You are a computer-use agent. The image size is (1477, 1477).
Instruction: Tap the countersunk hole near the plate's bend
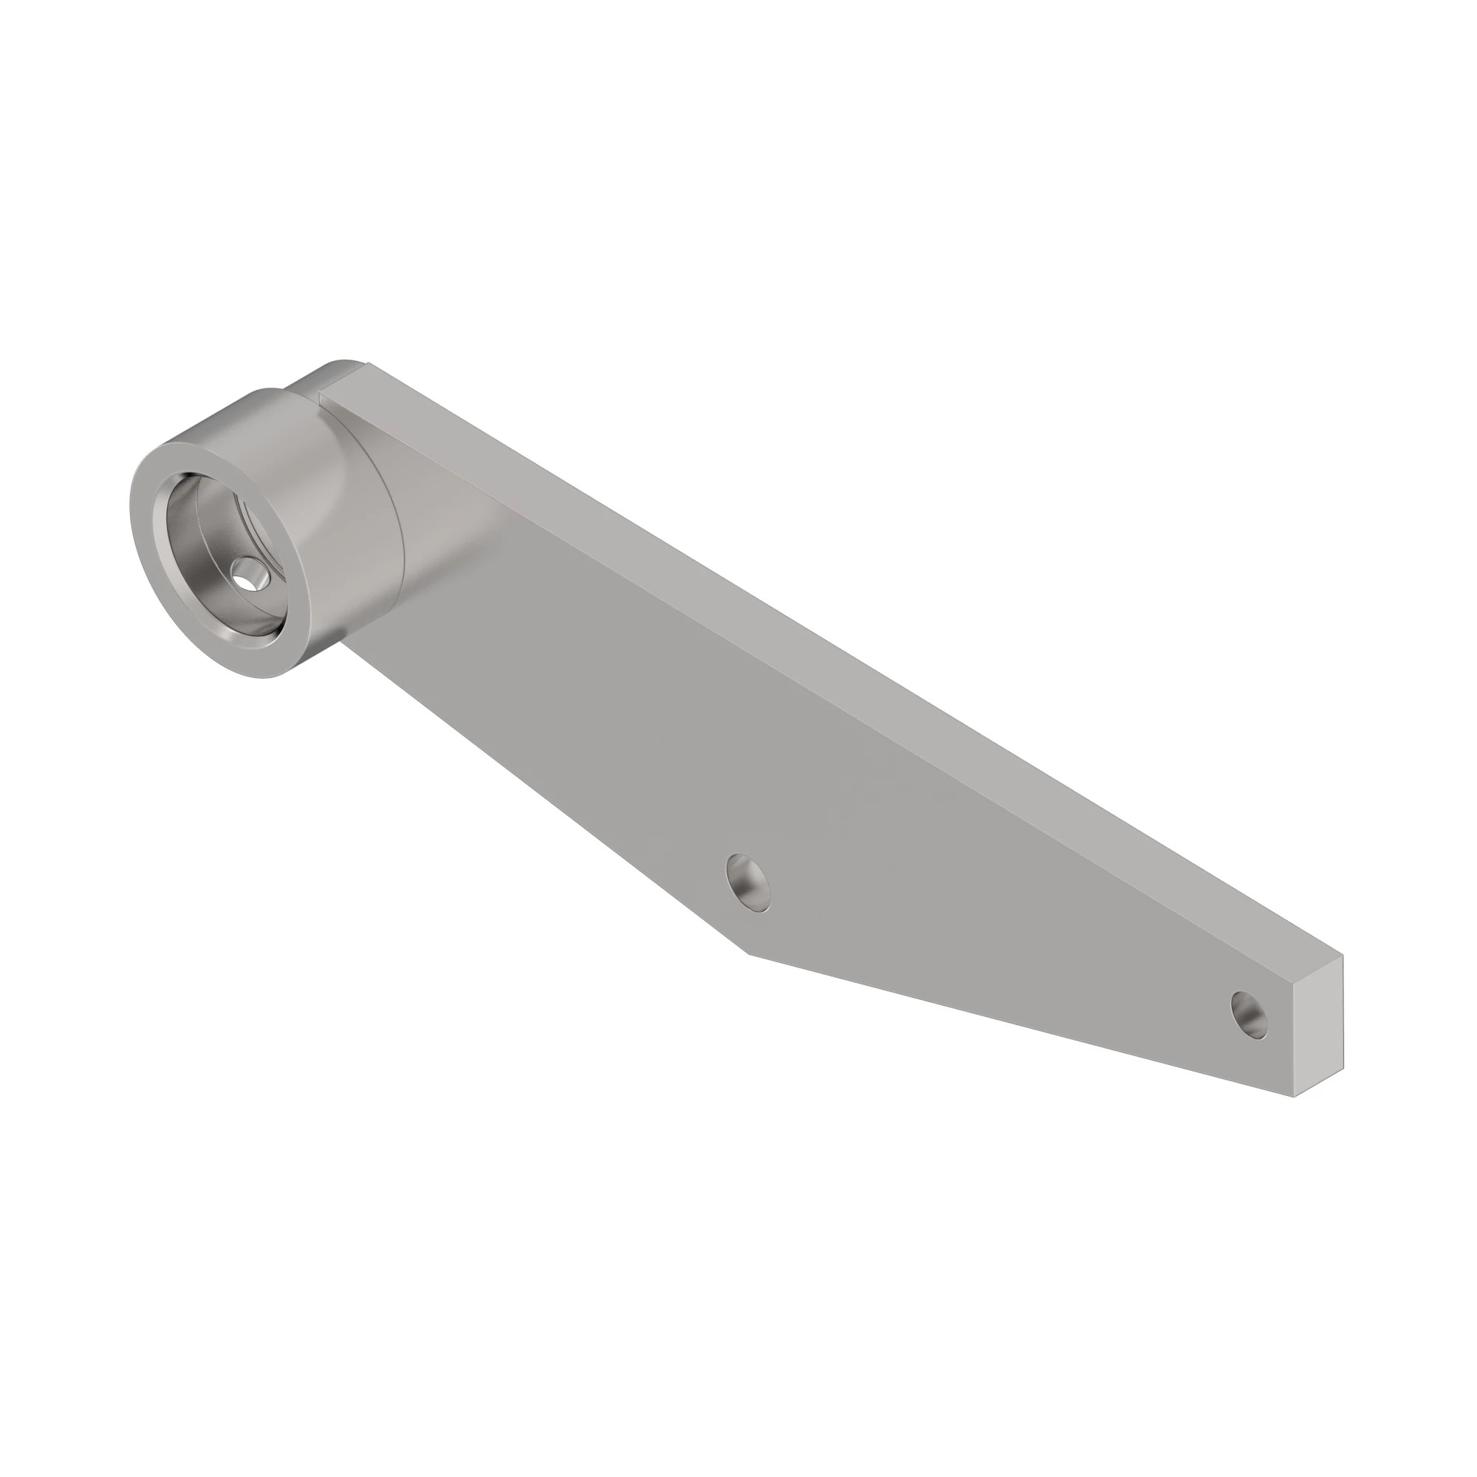748,883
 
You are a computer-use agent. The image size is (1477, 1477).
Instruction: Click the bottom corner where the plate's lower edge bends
747,953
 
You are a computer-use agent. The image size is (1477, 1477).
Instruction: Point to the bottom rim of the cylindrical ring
253,673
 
